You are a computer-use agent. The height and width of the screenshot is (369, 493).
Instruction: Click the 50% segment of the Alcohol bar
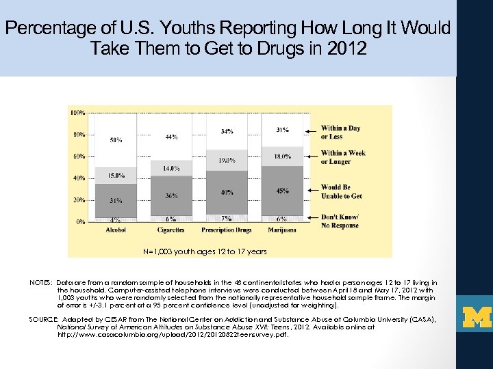116,140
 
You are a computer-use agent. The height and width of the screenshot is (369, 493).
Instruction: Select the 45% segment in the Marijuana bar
281,191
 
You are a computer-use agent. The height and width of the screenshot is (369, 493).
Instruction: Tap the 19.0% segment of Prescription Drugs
226,160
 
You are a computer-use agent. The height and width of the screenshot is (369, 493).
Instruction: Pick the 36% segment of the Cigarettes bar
171,195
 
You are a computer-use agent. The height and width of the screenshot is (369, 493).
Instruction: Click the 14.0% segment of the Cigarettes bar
171,168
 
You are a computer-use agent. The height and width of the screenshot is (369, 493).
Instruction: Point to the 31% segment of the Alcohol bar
116,200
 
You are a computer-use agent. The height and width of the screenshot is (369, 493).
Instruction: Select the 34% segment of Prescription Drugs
226,131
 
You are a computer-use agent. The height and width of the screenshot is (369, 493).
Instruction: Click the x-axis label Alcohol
116,230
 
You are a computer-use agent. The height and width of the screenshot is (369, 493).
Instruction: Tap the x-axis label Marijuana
281,230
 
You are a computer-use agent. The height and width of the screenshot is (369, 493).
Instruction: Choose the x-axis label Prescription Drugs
227,230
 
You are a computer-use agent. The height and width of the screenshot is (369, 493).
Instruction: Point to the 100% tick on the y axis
77,111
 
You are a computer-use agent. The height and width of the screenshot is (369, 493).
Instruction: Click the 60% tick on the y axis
79,156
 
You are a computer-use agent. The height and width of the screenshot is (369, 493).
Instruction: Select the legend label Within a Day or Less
340,132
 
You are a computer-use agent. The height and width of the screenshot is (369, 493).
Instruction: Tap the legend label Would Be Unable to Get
341,191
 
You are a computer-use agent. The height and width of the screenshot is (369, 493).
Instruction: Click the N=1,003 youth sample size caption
205,251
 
